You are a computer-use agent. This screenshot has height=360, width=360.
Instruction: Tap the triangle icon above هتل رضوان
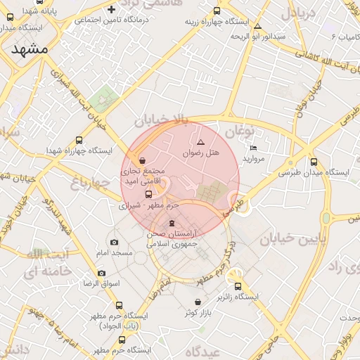point(200,142)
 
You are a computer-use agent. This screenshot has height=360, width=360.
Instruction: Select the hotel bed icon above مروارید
point(253,148)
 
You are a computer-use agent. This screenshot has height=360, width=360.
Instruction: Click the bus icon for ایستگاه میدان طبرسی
point(314,161)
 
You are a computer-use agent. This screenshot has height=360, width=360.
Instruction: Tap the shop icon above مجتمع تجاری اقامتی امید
point(143,160)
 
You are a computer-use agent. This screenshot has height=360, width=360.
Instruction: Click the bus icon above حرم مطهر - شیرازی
point(148,194)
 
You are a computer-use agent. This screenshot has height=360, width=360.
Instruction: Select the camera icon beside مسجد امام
point(114,242)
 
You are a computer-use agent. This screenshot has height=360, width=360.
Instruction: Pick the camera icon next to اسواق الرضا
point(101,273)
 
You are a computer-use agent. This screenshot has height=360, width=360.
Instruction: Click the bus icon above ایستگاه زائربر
point(238,286)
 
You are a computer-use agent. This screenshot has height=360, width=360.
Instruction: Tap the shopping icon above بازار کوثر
point(198,302)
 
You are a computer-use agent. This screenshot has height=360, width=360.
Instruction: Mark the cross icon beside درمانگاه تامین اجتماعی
point(111,9)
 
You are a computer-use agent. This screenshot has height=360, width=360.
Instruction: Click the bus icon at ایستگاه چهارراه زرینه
point(216,11)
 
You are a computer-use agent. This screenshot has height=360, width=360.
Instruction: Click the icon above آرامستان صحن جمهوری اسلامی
point(172,223)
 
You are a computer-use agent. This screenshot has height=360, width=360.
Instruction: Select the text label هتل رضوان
point(202,153)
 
